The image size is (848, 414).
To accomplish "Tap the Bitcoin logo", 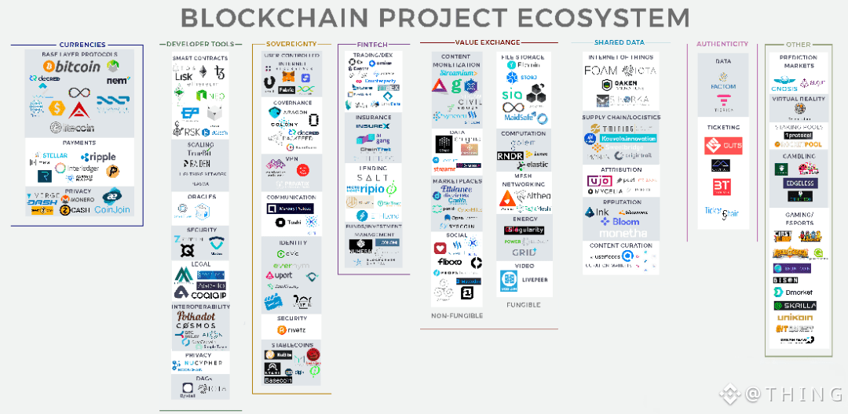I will click(78, 67).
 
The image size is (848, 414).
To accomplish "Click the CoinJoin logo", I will click(112, 209).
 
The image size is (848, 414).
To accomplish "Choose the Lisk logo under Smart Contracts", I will click(185, 75).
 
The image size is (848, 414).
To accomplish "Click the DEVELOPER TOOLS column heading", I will click(200, 44).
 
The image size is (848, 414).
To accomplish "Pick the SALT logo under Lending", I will click(372, 178).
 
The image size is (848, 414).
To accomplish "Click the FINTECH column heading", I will click(373, 45).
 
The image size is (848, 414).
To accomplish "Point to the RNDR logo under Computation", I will click(511, 155).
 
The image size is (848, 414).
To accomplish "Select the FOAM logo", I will click(602, 71).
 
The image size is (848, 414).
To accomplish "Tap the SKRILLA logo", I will click(795, 306).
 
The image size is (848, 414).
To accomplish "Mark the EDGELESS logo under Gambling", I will click(795, 183).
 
